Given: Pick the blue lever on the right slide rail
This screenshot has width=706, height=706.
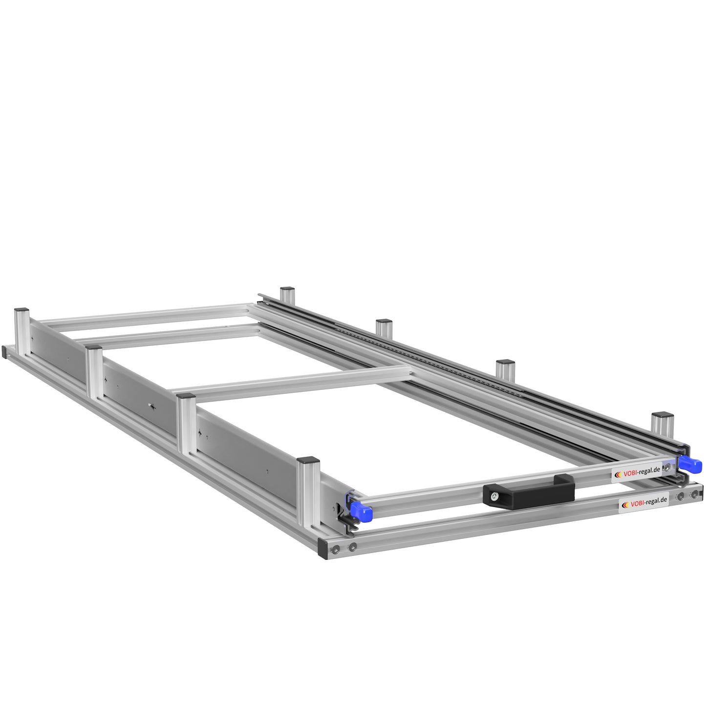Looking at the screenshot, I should tap(689, 464).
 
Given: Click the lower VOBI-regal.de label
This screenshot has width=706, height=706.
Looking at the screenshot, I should tap(643, 503).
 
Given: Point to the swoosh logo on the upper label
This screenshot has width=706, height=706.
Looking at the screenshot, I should tap(618, 473).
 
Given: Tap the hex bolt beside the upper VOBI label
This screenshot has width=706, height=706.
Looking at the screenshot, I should tap(668, 467).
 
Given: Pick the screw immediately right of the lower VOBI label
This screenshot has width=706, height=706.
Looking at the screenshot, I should tap(680, 497).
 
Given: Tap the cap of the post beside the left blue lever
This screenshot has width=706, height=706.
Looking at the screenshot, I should tap(308, 460).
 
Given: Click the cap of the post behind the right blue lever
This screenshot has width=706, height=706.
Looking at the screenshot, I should tap(662, 416).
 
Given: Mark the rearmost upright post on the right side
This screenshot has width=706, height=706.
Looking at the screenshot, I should tap(287, 294).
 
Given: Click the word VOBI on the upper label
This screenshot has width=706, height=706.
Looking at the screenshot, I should tap(631, 472).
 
